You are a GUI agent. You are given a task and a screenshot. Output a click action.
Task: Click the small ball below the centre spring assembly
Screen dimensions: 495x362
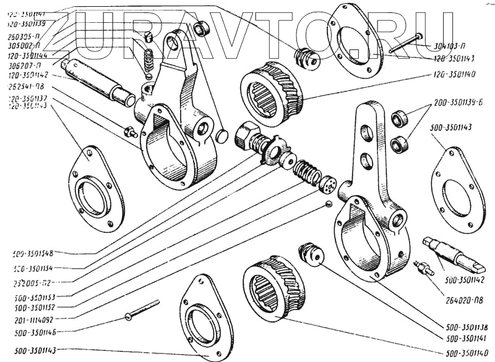[x=329, y=204]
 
